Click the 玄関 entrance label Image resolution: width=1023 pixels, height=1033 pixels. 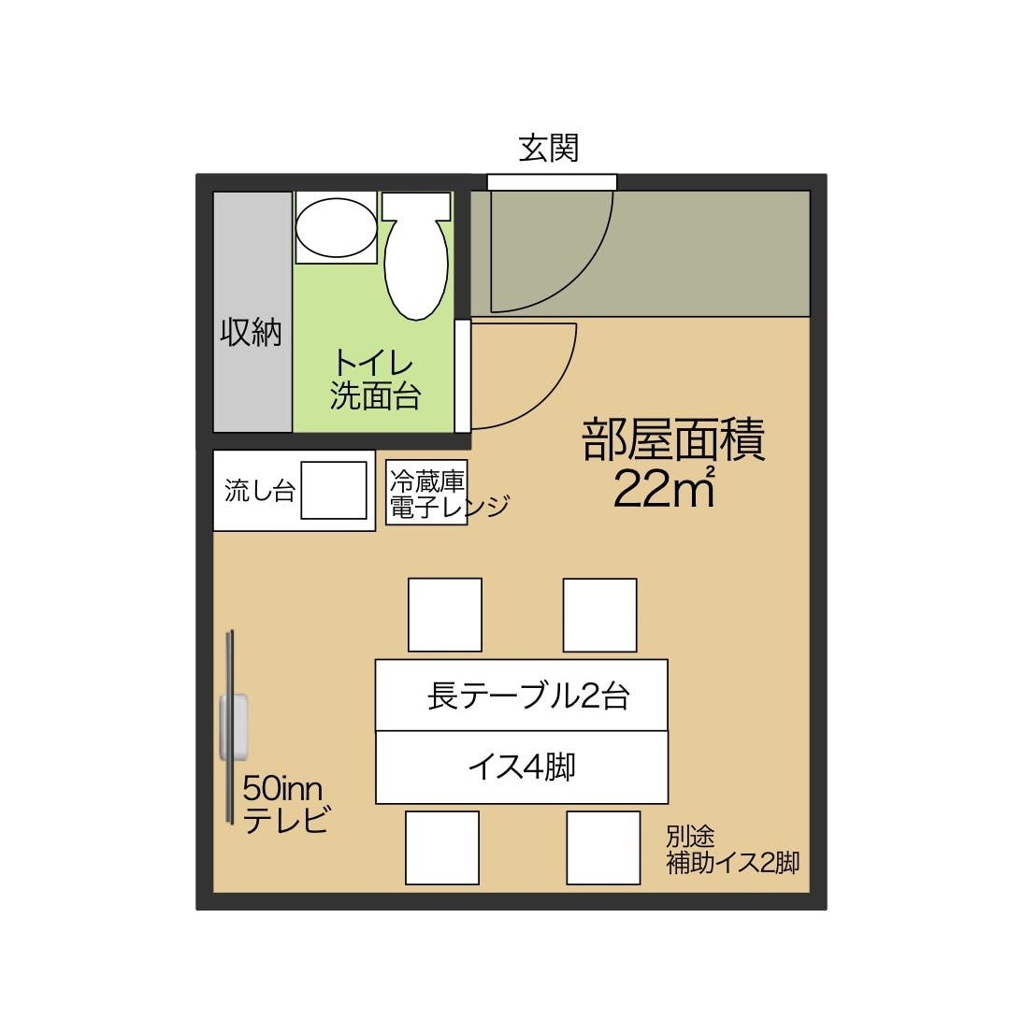549,148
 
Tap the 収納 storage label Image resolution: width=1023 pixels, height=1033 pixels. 251,332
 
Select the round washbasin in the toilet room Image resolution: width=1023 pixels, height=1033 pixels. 336,227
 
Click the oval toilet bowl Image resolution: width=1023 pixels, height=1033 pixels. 416,257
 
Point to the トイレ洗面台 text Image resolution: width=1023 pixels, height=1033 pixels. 375,379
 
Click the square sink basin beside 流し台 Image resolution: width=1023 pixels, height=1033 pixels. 333,490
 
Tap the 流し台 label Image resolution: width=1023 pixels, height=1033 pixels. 260,491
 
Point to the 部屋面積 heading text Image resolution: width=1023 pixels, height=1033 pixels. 673,439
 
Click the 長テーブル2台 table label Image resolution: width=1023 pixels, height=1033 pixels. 528,696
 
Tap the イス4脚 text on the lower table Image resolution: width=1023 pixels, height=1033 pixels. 522,767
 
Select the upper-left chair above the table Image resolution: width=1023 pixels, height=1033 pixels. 445,614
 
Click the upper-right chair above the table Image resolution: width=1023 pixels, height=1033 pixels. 599,614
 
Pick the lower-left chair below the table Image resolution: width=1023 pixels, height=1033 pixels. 442,847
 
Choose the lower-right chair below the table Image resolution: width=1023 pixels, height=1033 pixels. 603,847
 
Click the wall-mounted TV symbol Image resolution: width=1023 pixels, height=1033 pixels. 233,726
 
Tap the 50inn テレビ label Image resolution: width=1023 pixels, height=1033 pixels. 284,804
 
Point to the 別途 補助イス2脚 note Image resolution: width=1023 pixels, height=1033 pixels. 731,850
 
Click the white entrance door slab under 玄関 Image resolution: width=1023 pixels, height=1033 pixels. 552,182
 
